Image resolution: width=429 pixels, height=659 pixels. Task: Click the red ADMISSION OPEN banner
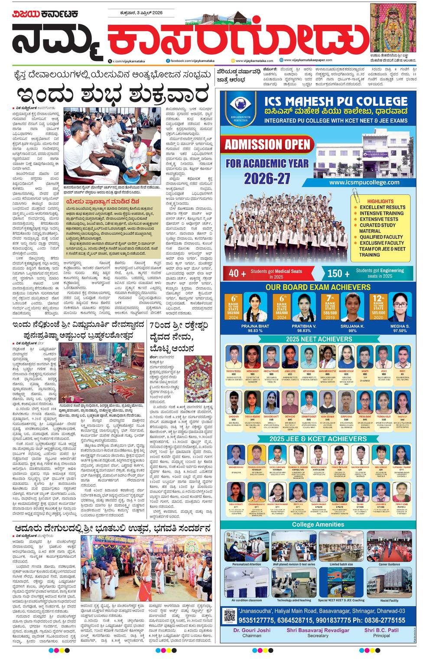(x=267, y=144)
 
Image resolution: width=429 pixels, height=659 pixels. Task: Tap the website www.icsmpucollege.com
(x=364, y=182)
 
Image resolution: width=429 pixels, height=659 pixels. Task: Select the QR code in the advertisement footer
(x=229, y=616)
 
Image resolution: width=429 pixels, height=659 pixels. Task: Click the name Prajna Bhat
(x=255, y=326)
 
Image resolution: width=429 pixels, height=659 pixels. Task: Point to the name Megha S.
(x=400, y=326)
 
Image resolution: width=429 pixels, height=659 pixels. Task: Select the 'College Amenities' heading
(x=318, y=524)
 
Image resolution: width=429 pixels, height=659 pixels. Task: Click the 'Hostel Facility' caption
(x=389, y=601)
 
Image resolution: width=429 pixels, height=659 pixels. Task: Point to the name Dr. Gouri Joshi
(x=252, y=630)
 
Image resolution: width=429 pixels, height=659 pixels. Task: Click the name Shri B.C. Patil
(x=381, y=630)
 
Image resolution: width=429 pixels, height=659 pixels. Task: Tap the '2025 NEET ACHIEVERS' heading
(x=318, y=339)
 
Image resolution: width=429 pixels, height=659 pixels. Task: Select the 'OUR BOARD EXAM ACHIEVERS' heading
(x=318, y=287)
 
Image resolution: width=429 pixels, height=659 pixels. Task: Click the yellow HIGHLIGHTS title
(x=380, y=201)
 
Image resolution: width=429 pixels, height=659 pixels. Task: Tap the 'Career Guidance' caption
(x=389, y=564)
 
